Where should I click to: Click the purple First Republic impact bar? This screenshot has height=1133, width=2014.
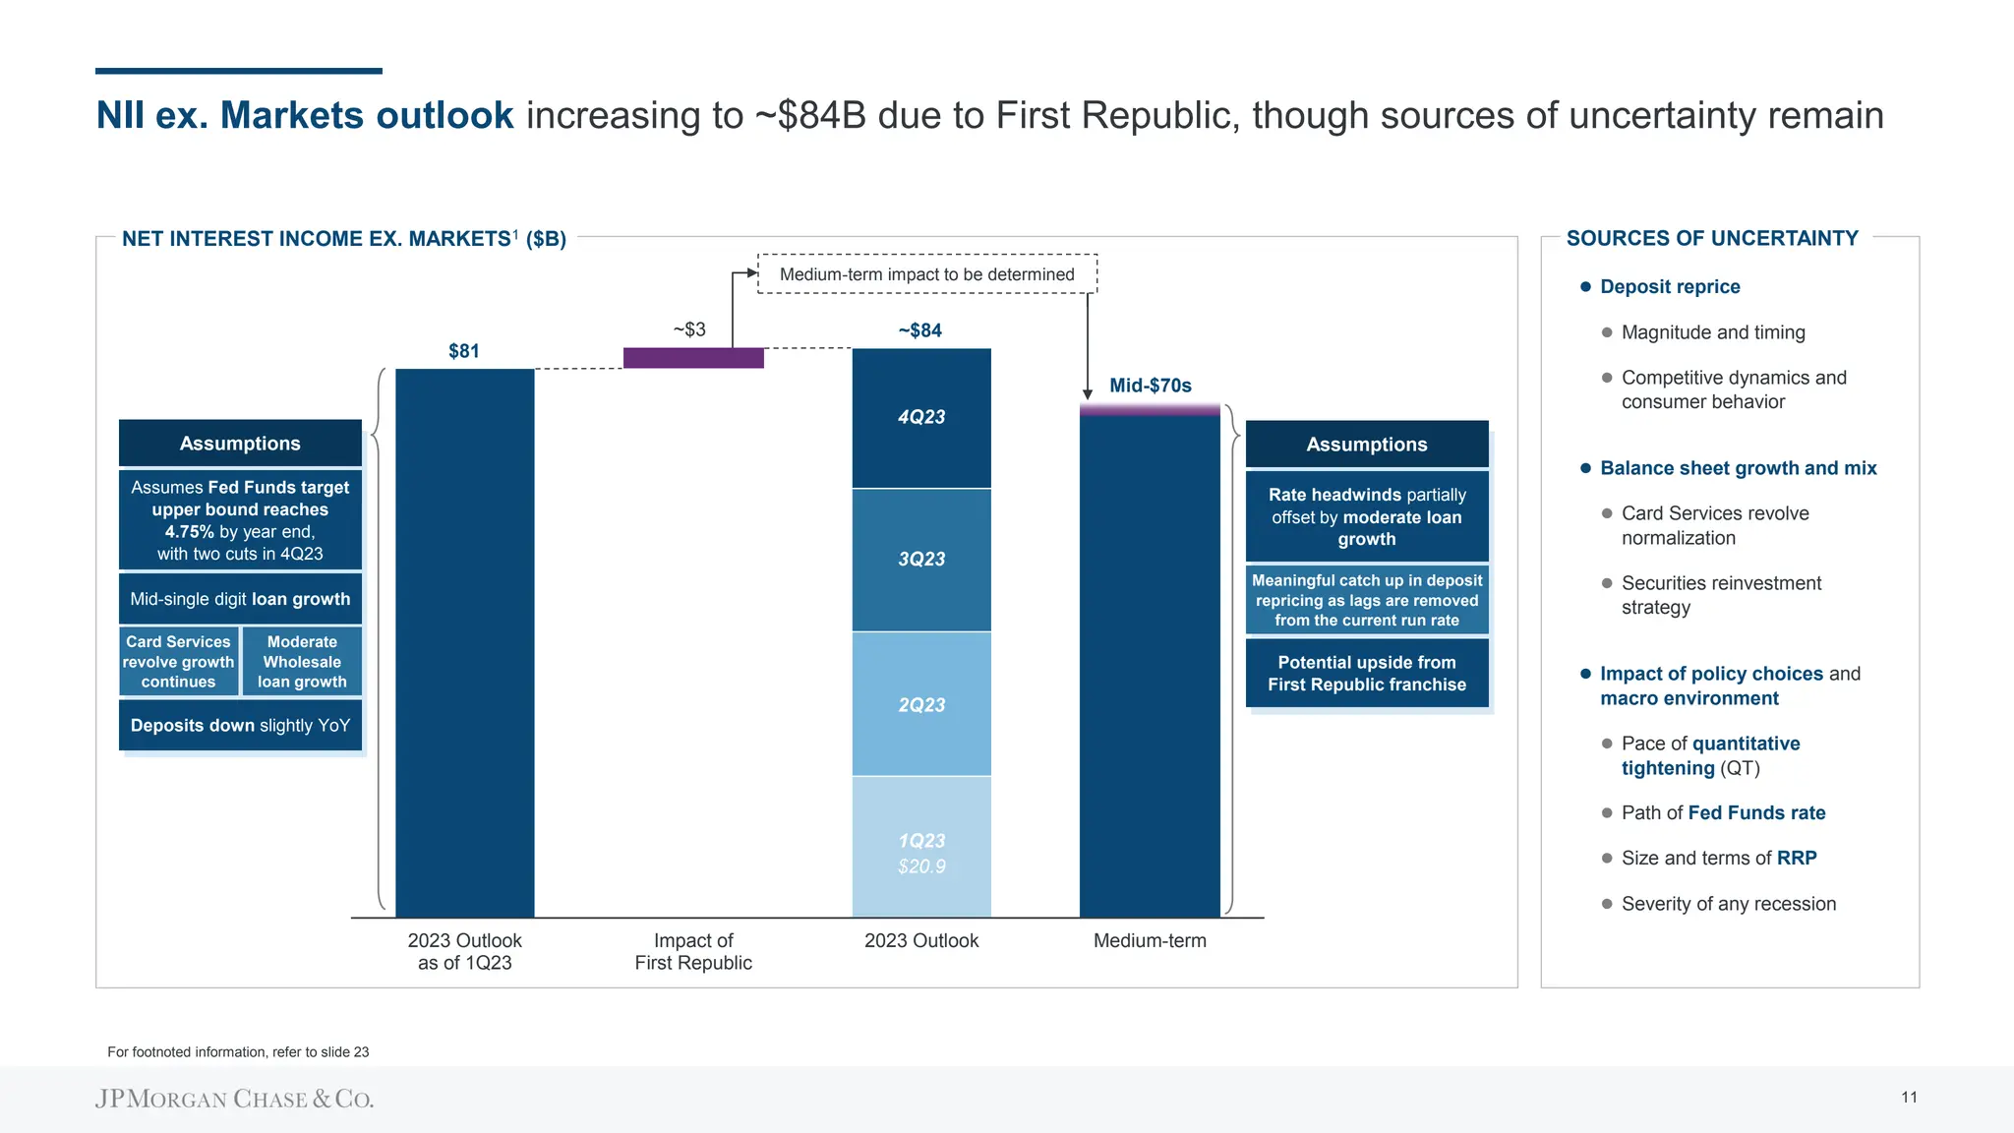pyautogui.click(x=693, y=358)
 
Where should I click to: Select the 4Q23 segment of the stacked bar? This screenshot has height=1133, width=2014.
pyautogui.click(x=921, y=417)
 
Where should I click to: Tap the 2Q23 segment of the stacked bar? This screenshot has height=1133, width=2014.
pyautogui.click(x=921, y=704)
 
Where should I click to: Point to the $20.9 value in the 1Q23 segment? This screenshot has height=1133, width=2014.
pyautogui.click(x=921, y=866)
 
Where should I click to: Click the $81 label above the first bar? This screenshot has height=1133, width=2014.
pyautogui.click(x=464, y=351)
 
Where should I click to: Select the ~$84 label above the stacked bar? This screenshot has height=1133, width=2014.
pyautogui.click(x=920, y=330)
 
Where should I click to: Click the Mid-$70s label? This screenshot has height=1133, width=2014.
pyautogui.click(x=1150, y=386)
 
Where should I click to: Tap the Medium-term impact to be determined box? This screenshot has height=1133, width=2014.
pyautogui.click(x=926, y=274)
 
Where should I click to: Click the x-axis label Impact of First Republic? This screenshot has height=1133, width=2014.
pyautogui.click(x=693, y=951)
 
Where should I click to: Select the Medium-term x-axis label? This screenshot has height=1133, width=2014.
pyautogui.click(x=1150, y=940)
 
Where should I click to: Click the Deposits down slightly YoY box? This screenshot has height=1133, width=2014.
pyautogui.click(x=240, y=726)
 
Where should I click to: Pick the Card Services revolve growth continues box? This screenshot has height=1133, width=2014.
pyautogui.click(x=178, y=661)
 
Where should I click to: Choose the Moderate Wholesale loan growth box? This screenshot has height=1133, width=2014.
pyautogui.click(x=302, y=661)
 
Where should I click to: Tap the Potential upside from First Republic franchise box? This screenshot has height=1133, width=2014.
pyautogui.click(x=1366, y=674)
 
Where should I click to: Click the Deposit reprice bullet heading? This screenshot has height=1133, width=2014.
pyautogui.click(x=1669, y=287)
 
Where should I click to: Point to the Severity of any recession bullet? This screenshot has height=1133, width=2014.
pyautogui.click(x=1728, y=904)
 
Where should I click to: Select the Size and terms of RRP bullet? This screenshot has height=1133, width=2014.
pyautogui.click(x=1718, y=858)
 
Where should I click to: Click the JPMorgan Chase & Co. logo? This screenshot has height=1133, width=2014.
pyautogui.click(x=234, y=1099)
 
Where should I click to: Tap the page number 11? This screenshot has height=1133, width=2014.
pyautogui.click(x=1909, y=1098)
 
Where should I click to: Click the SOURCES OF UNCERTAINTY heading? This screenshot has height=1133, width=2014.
pyautogui.click(x=1711, y=238)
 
